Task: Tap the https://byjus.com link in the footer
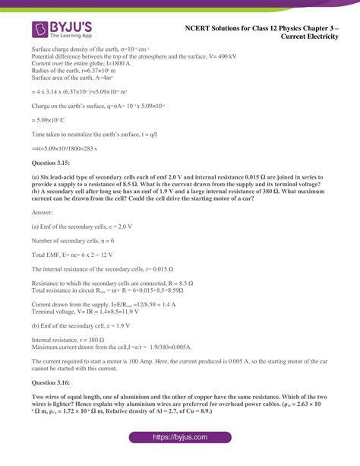pos(180,439)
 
